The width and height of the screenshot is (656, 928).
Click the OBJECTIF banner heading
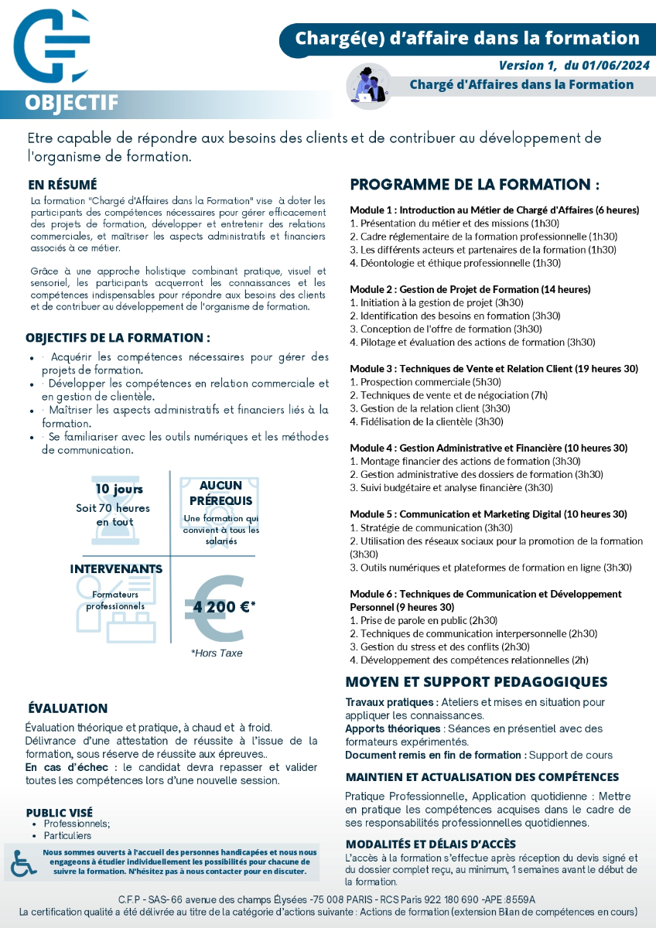click(71, 103)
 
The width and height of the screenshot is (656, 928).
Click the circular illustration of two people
click(368, 84)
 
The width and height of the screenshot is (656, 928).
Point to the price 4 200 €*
click(224, 607)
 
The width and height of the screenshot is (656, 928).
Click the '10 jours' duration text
click(119, 490)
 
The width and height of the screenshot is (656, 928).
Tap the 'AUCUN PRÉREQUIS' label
click(220, 493)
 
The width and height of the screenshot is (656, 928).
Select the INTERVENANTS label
click(116, 569)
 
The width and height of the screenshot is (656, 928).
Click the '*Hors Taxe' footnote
click(217, 653)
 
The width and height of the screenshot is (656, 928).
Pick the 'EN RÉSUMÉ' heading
click(63, 185)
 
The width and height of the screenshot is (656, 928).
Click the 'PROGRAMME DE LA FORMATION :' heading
click(475, 185)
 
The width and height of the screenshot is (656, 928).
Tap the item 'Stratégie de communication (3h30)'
click(436, 528)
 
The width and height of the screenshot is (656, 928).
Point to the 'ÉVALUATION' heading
click(68, 708)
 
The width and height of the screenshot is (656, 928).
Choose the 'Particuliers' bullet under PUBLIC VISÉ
click(67, 836)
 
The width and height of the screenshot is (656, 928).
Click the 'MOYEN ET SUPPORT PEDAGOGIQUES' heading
click(476, 682)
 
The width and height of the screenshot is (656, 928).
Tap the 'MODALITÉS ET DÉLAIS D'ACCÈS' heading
click(430, 844)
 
